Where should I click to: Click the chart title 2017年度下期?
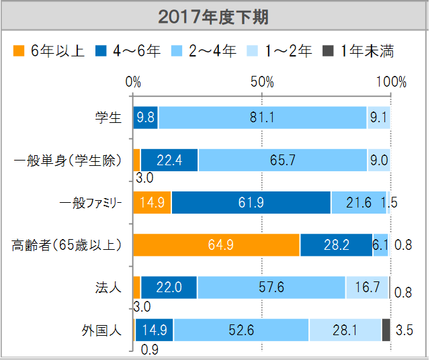pos(214,17)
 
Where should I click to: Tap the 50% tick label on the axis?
pos(262,82)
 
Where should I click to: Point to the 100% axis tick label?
pos(391,82)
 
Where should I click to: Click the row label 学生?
pos(108,118)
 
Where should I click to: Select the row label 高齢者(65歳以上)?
pos(67,245)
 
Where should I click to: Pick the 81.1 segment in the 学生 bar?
pos(262,118)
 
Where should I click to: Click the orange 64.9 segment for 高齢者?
pos(216,245)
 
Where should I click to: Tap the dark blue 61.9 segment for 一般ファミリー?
pos(251,203)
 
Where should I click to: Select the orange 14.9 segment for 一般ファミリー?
pos(153,203)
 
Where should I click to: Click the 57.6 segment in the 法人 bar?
pos(271,287)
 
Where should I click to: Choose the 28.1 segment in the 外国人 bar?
pos(345,330)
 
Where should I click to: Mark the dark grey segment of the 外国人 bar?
pos(386,330)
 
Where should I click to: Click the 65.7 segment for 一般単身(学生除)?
pos(282,161)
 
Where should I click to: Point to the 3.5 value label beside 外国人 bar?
pos(405,330)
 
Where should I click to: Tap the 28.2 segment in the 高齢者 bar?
pos(336,245)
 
